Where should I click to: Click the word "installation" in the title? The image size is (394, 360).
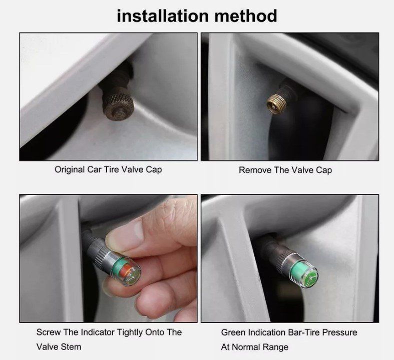[163, 16]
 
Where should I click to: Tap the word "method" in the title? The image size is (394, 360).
[246, 16]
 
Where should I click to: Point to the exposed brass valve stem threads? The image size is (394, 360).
[275, 103]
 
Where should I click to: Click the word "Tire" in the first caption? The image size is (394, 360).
[112, 169]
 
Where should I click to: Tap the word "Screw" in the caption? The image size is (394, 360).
[49, 332]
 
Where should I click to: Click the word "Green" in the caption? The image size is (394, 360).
[233, 332]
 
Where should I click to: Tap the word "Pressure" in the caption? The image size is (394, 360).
[340, 332]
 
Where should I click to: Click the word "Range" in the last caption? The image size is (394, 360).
[276, 347]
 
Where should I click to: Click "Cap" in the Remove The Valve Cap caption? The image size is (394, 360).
[324, 170]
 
